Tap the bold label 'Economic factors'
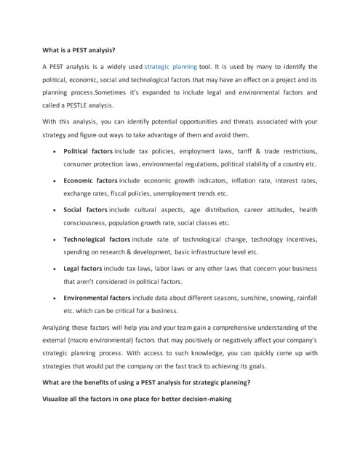tap(90, 180)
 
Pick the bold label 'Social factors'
tap(85, 210)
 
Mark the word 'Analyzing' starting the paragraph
tap(60, 327)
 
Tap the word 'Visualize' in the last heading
tap(59, 397)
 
